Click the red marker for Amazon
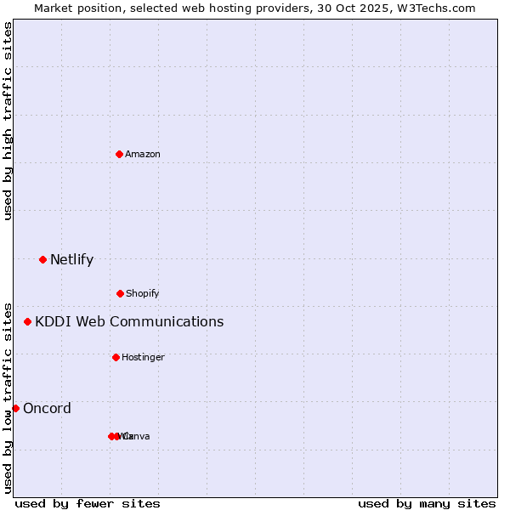click(x=119, y=154)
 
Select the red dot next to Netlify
click(x=42, y=259)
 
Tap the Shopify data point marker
click(x=120, y=293)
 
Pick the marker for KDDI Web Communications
click(x=27, y=321)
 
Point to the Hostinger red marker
click(x=116, y=357)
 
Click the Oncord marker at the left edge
click(x=15, y=408)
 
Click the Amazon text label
click(x=142, y=154)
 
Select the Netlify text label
click(x=71, y=259)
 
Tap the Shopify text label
click(x=142, y=293)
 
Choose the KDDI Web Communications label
click(x=129, y=321)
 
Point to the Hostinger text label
click(x=143, y=357)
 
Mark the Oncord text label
click(x=47, y=408)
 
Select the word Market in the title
click(x=54, y=8)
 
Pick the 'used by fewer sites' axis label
click(x=88, y=503)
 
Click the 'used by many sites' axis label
click(x=427, y=503)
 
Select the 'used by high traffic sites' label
click(x=8, y=121)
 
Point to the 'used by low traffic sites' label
click(x=8, y=397)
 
